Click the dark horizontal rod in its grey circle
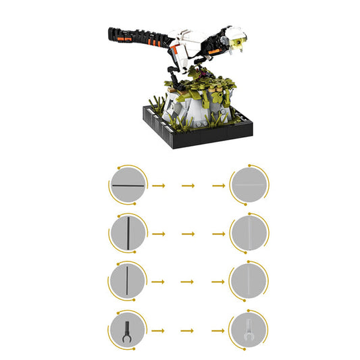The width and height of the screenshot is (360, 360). tap(127, 185)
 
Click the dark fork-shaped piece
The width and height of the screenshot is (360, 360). tap(127, 330)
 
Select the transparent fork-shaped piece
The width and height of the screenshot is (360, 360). tap(249, 331)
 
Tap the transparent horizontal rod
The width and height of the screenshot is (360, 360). tap(249, 185)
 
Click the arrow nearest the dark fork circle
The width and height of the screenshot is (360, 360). tap(158, 330)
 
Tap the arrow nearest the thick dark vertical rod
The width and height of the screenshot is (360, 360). tap(158, 234)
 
